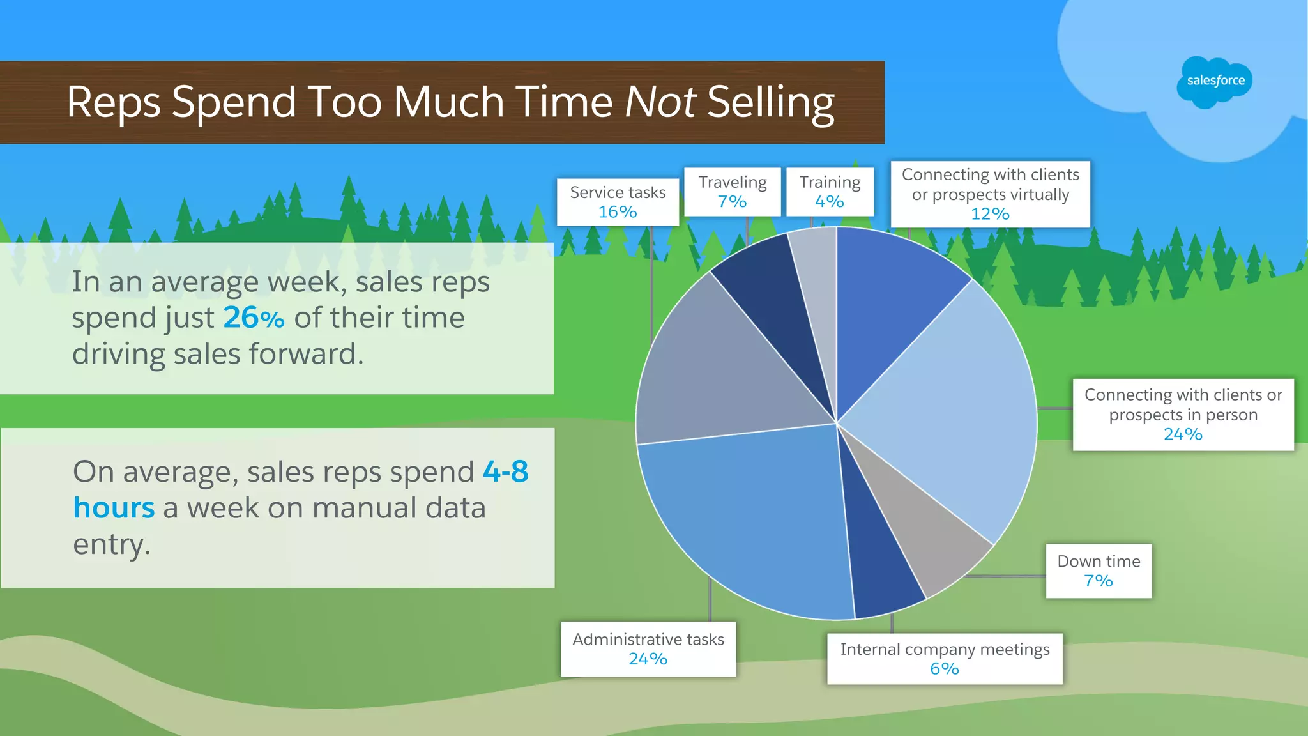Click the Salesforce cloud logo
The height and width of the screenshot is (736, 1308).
pos(1215,81)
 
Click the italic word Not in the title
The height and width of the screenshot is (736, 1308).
pos(660,102)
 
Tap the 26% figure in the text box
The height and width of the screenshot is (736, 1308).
pos(254,318)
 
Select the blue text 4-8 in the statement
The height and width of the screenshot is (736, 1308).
pos(505,471)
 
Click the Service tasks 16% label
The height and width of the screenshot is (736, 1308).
pos(618,202)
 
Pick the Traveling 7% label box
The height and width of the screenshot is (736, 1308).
pos(732,192)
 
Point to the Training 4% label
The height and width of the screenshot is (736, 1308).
pos(830,192)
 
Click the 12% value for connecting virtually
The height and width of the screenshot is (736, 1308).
pos(990,214)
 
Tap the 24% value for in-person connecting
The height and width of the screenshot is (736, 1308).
pos(1183,434)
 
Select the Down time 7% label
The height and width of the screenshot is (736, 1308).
pos(1099,571)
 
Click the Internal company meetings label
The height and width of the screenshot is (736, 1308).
pos(945,650)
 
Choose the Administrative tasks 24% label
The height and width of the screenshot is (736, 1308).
pos(648,649)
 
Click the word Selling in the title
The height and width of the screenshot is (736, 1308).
pos(771,102)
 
